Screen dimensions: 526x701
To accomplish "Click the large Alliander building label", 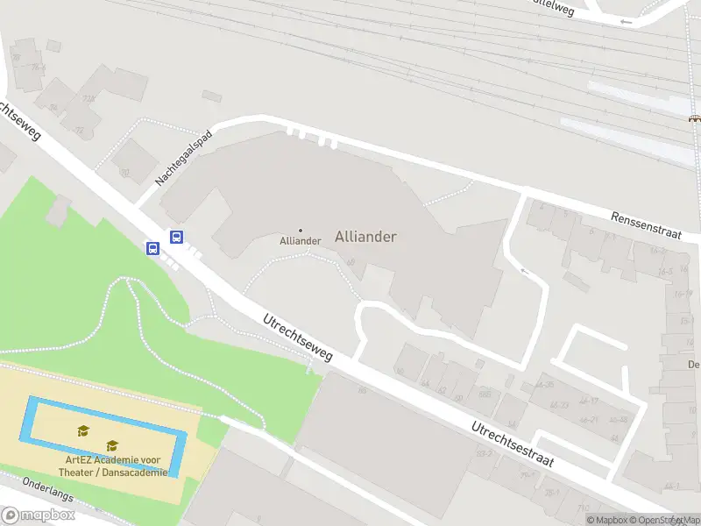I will click(x=365, y=237).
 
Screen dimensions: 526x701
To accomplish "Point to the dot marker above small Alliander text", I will click(x=301, y=231).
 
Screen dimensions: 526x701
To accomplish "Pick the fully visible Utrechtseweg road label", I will click(x=299, y=338).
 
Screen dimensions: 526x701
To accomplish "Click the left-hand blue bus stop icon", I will click(x=153, y=249).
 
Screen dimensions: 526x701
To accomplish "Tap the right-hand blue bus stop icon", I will click(x=176, y=237).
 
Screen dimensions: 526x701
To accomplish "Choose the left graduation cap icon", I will click(x=83, y=430).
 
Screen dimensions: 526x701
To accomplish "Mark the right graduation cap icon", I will click(x=112, y=446).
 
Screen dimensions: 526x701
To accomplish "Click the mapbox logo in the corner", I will click(x=38, y=515).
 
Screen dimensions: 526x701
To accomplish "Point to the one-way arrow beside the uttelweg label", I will click(x=625, y=21).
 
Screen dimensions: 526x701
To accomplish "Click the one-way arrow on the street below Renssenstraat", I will click(x=525, y=273).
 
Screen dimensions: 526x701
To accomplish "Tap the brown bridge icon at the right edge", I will click(x=694, y=118).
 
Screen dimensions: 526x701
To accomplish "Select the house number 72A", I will click(x=89, y=99).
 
